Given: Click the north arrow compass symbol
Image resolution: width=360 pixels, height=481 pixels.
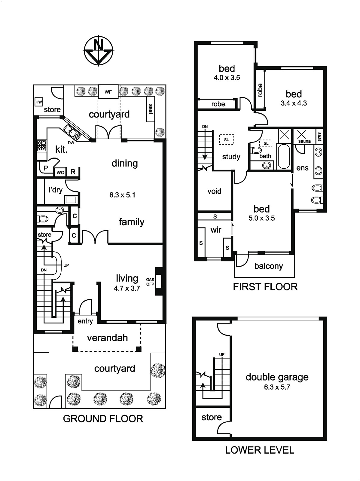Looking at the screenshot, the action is [99, 51].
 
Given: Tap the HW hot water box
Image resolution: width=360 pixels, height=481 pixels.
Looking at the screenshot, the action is [39, 102].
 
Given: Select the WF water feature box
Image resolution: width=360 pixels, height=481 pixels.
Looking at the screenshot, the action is [108, 92].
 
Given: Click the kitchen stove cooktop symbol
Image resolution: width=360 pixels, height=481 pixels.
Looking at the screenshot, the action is [41, 146].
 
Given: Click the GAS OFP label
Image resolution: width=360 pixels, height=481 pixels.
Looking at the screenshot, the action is [150, 282].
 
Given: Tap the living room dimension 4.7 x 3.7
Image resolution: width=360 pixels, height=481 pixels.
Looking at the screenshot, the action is [127, 288].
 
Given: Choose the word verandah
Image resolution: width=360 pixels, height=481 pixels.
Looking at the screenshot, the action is [108, 338].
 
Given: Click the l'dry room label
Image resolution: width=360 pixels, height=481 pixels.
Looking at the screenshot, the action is [56, 190].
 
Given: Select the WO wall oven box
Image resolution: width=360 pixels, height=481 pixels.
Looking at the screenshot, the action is [60, 172].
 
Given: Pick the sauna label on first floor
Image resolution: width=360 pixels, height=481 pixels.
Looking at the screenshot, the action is [304, 141].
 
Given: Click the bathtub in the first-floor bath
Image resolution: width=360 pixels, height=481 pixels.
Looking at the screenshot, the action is [284, 156].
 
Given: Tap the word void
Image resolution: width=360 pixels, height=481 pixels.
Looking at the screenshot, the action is [214, 191].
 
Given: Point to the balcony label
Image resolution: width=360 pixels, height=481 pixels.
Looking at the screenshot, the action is [268, 266].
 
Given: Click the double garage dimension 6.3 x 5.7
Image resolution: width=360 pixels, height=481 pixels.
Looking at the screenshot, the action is [277, 387].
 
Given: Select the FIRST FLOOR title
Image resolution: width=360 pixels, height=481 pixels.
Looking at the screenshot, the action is [265, 287].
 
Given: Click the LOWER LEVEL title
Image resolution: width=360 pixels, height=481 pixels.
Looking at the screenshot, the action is [260, 450].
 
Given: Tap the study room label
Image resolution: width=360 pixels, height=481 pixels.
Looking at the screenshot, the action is [231, 157].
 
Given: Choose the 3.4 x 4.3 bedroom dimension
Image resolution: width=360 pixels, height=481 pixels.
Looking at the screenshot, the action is [294, 103].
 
